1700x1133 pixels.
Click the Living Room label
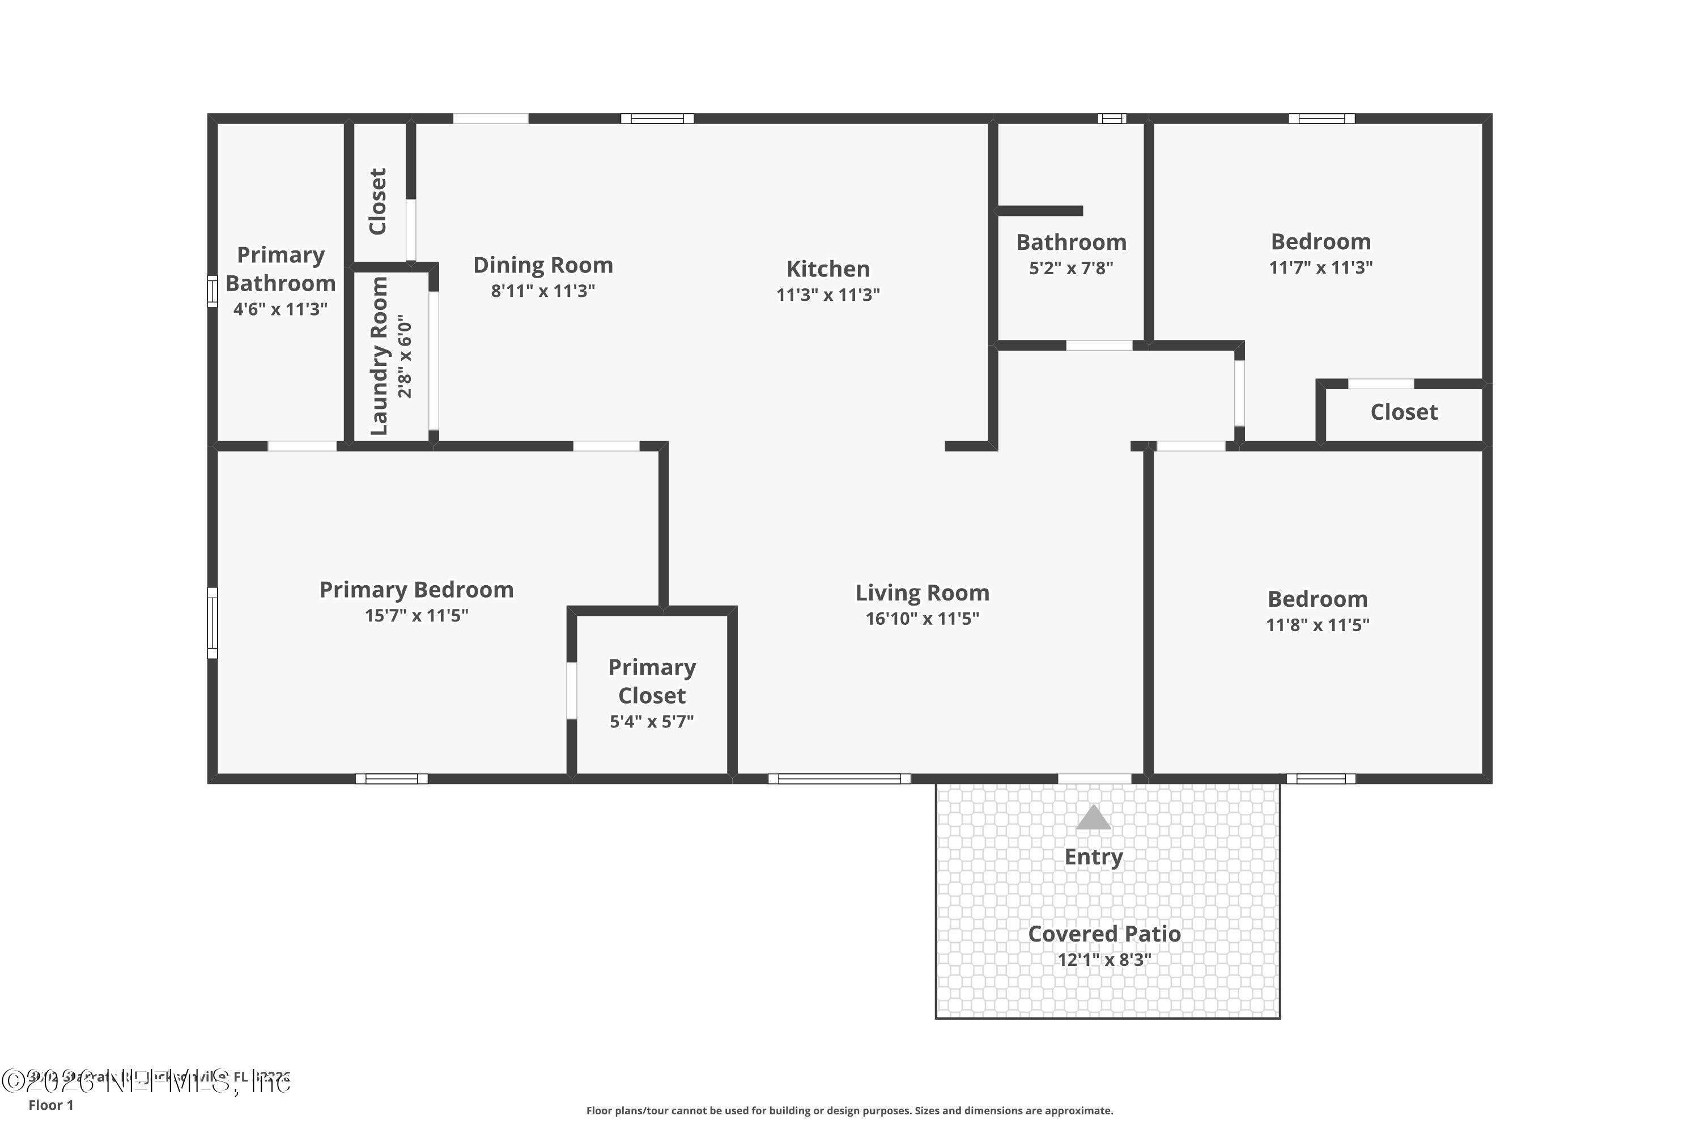pos(923,593)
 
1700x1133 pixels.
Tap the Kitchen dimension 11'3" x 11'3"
pos(828,295)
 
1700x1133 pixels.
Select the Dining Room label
pos(543,265)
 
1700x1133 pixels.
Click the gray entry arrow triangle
pos(1093,818)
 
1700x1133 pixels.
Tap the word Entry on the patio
pos(1094,857)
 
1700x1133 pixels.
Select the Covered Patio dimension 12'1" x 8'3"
pos(1104,960)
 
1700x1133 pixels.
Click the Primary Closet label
pos(652,681)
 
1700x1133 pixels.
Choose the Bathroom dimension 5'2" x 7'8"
pos(1071,268)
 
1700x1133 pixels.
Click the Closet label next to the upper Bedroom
pos(1404,412)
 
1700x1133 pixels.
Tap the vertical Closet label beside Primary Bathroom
pos(378,202)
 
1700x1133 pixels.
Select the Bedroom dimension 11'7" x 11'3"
pos(1320,267)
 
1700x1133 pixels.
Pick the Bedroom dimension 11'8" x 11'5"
pos(1317,625)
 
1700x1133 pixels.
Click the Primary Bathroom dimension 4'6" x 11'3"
pos(280,309)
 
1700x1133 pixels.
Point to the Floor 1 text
pos(50,1105)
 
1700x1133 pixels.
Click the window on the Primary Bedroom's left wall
pos(212,623)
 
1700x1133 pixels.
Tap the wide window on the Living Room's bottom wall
pos(839,779)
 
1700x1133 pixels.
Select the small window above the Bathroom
pos(1112,118)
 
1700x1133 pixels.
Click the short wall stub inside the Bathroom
pos(1039,211)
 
